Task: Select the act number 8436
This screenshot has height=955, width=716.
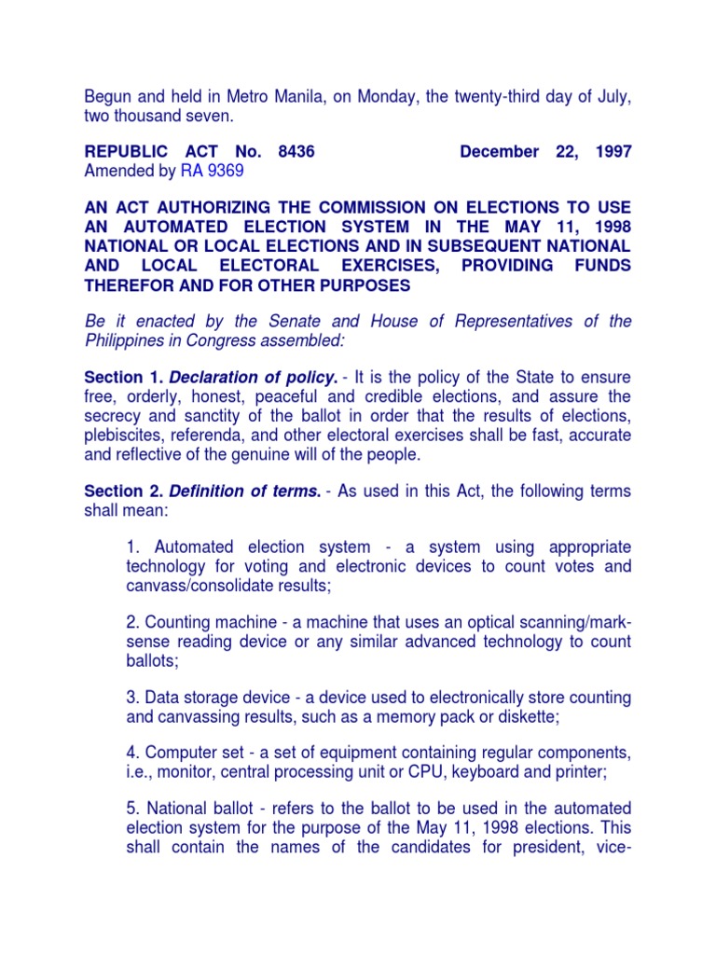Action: click(293, 151)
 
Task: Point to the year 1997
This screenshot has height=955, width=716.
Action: click(612, 151)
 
